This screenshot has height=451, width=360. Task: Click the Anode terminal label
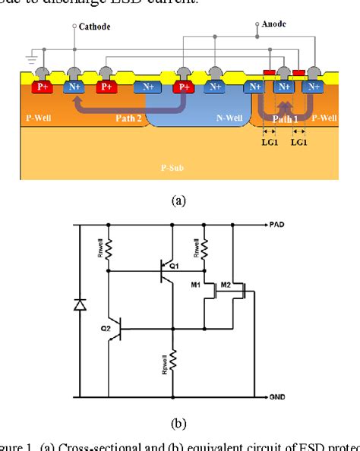[275, 24]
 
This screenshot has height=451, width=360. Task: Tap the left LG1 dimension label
[268, 141]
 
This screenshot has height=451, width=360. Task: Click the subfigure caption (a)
[178, 200]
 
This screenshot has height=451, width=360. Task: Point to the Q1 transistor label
[175, 266]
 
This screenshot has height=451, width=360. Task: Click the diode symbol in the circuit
[80, 306]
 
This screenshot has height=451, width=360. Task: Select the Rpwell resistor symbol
[174, 362]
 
